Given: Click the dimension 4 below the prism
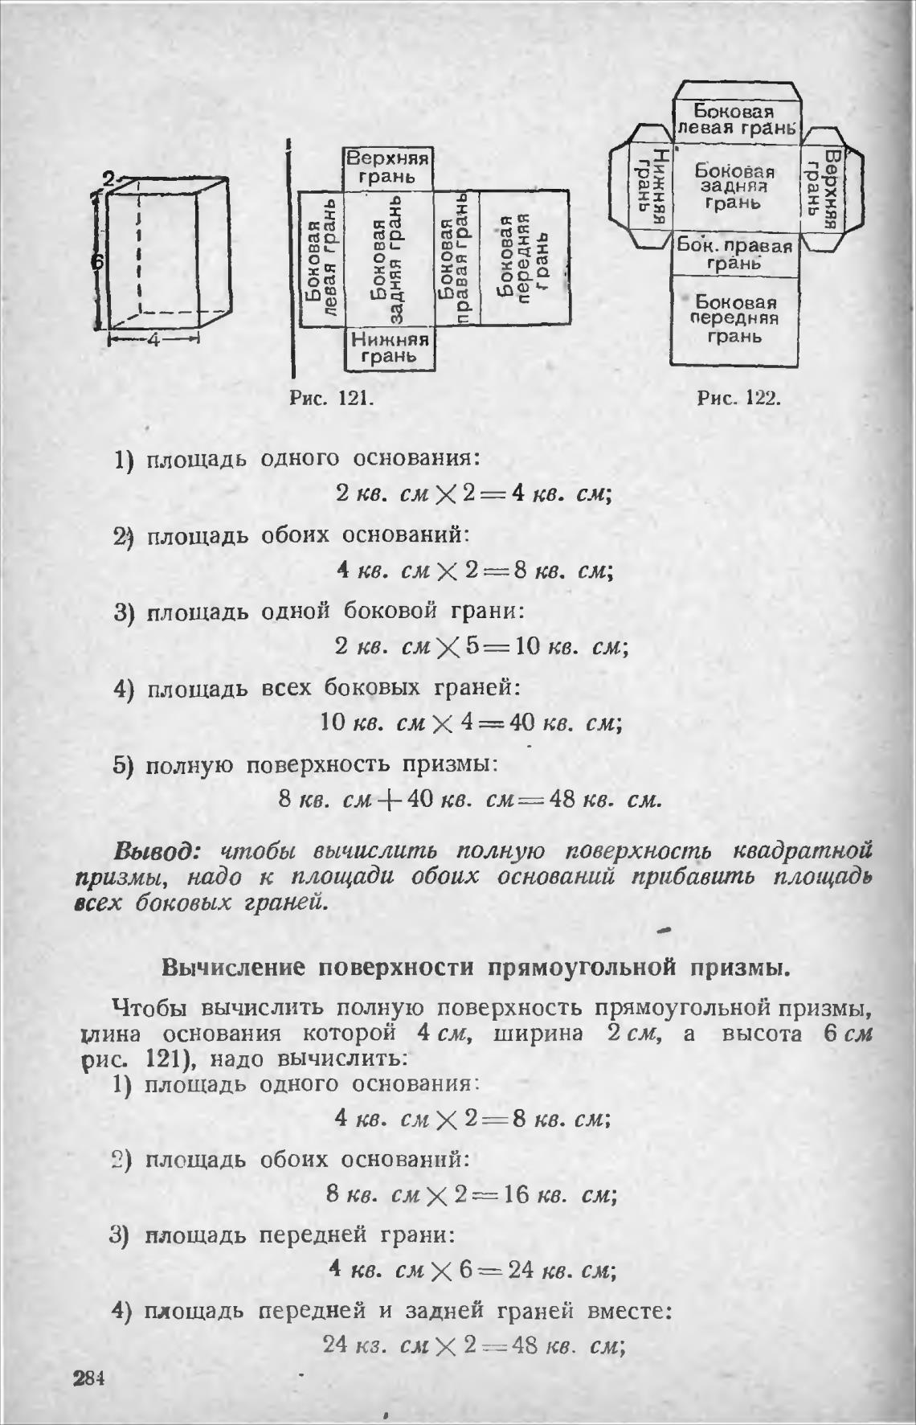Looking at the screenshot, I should (x=153, y=340).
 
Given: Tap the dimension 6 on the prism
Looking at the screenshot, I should (x=96, y=263).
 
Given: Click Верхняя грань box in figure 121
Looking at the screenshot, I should (x=388, y=167).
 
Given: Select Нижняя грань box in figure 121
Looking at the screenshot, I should (x=389, y=349).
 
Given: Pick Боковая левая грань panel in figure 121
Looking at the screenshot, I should (x=321, y=259).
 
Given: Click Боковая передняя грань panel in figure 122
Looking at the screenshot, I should (x=736, y=319).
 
